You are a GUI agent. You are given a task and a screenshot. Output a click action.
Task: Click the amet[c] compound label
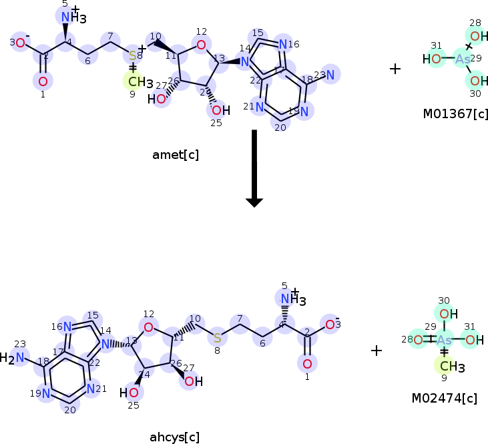(176, 155)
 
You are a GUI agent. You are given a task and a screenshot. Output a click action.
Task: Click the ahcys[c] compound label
(175, 438)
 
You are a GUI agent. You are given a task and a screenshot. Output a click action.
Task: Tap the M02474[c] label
(444, 399)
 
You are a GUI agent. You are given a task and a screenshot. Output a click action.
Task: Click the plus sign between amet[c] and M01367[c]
(395, 68)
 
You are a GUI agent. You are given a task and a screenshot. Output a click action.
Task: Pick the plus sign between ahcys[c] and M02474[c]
(377, 351)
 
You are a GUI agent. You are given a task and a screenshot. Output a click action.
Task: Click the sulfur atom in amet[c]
(132, 55)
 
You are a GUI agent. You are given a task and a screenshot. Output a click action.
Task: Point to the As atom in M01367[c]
(463, 59)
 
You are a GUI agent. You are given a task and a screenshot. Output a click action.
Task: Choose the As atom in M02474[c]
(445, 341)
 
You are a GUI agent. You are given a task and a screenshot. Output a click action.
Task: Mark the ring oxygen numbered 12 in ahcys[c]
(148, 326)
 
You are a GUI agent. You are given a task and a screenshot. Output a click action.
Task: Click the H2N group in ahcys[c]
(15, 358)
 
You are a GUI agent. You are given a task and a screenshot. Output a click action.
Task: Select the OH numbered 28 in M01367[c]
(474, 36)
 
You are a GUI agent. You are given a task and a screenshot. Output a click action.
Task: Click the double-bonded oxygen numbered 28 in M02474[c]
(417, 341)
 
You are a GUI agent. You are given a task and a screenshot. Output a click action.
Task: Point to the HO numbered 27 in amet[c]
(158, 99)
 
